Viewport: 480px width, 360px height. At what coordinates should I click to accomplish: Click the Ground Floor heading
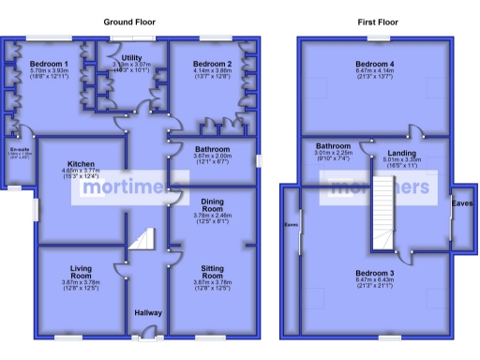[x=129, y=22]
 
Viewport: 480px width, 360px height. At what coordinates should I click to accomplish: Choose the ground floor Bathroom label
[x=211, y=148]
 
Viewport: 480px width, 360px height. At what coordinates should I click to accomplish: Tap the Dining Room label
[x=211, y=205]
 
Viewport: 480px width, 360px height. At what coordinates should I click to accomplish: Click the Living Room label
[x=82, y=273]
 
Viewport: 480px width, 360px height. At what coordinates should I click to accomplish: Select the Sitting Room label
[x=212, y=273]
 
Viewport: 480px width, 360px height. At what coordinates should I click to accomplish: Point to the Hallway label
[x=147, y=312]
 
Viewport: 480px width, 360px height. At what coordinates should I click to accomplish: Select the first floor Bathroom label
[x=332, y=146]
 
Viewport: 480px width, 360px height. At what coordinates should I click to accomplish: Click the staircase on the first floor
[x=384, y=217]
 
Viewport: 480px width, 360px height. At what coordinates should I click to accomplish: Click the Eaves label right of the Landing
[x=461, y=202]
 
